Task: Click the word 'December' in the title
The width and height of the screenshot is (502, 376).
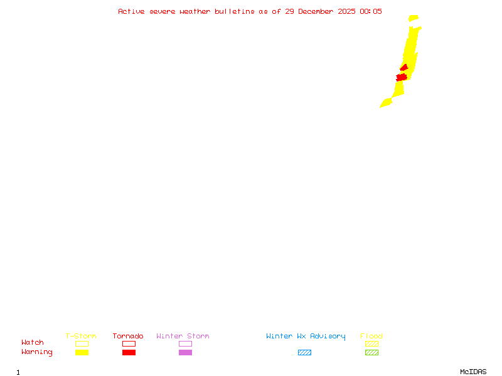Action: click(320, 11)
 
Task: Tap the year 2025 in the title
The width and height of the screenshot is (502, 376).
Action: click(348, 11)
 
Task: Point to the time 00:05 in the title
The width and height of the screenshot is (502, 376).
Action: click(371, 11)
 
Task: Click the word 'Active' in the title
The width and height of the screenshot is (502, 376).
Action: click(132, 11)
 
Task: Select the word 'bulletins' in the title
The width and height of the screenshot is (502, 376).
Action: click(235, 11)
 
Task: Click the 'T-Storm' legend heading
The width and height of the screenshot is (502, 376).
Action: click(81, 336)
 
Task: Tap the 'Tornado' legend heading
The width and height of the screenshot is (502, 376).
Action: click(128, 336)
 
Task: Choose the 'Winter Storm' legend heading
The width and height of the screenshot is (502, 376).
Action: click(183, 336)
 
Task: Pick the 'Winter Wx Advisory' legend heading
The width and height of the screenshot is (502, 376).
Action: click(306, 336)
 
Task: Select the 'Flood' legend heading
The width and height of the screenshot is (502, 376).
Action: click(371, 336)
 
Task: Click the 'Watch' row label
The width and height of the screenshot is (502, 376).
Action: click(33, 343)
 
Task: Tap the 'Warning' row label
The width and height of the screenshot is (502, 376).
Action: click(37, 352)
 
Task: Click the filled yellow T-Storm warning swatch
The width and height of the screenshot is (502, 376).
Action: click(82, 352)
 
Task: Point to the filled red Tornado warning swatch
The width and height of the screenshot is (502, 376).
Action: click(129, 352)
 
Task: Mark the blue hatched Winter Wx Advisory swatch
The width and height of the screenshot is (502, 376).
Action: click(304, 352)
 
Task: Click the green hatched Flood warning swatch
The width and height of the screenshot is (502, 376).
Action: click(371, 352)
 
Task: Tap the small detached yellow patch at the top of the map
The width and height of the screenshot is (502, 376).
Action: click(413, 18)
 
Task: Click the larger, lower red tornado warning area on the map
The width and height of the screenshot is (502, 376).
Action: click(402, 77)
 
